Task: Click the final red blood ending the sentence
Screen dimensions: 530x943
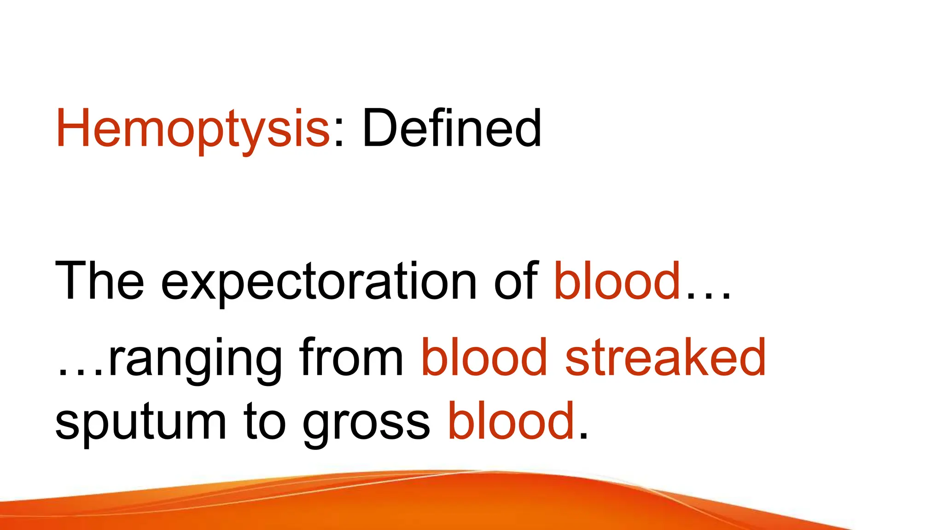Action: point(511,420)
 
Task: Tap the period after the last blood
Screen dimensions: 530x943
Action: point(583,438)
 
